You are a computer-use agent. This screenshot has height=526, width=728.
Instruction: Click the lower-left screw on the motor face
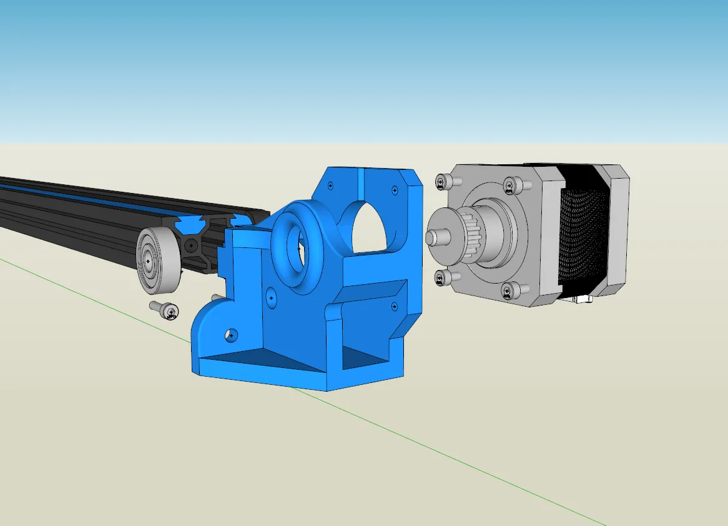pos(443,279)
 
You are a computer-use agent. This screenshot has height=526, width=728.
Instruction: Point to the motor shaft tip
pos(431,237)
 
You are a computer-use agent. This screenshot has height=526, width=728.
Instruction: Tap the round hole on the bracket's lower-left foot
pos(232,335)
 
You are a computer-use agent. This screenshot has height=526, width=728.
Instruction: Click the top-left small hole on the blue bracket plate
pos(330,184)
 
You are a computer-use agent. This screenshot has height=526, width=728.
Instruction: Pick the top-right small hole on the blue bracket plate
pos(393,189)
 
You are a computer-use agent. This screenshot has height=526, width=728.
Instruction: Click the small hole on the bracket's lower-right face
pos(394,305)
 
